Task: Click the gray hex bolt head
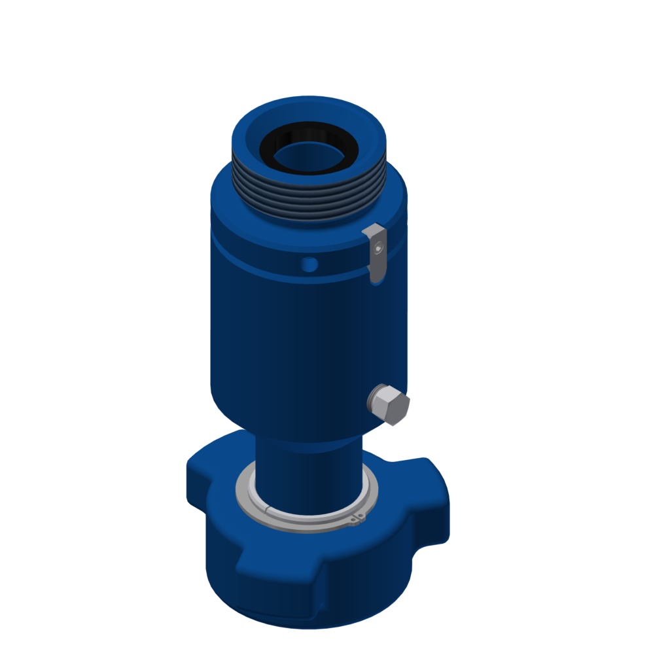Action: coord(390,404)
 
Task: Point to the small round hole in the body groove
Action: coord(310,264)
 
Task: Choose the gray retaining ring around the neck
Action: coord(306,517)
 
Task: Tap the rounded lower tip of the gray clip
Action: coord(376,277)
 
